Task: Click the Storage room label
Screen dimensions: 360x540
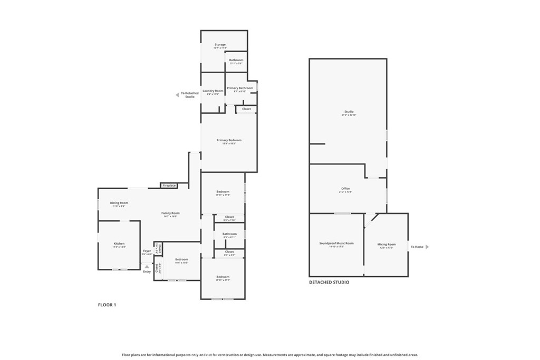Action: click(x=220, y=45)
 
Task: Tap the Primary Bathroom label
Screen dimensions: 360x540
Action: click(x=239, y=88)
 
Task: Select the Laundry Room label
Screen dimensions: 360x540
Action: click(x=213, y=91)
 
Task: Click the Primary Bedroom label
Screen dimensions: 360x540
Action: click(x=229, y=140)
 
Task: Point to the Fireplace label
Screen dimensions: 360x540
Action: click(x=169, y=186)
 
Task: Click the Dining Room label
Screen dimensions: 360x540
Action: click(x=119, y=203)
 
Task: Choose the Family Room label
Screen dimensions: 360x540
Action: click(x=170, y=213)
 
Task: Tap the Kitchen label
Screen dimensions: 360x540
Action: click(x=119, y=244)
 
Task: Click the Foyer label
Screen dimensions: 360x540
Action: click(x=147, y=251)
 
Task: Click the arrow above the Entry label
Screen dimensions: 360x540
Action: click(x=147, y=267)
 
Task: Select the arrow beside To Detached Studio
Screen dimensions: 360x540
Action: click(x=177, y=95)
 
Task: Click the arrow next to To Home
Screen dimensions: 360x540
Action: click(x=427, y=247)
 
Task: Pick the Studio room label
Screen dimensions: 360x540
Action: click(x=349, y=112)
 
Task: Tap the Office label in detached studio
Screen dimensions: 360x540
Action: click(x=345, y=189)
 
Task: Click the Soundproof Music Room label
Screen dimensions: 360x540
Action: click(x=336, y=244)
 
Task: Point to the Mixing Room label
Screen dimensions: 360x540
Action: click(x=386, y=244)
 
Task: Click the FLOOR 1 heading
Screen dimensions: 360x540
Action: click(x=107, y=305)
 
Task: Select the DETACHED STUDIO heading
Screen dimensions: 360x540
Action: click(x=329, y=283)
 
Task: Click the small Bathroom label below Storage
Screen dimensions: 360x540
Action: click(x=236, y=60)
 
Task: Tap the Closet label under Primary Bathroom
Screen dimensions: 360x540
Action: click(x=246, y=109)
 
